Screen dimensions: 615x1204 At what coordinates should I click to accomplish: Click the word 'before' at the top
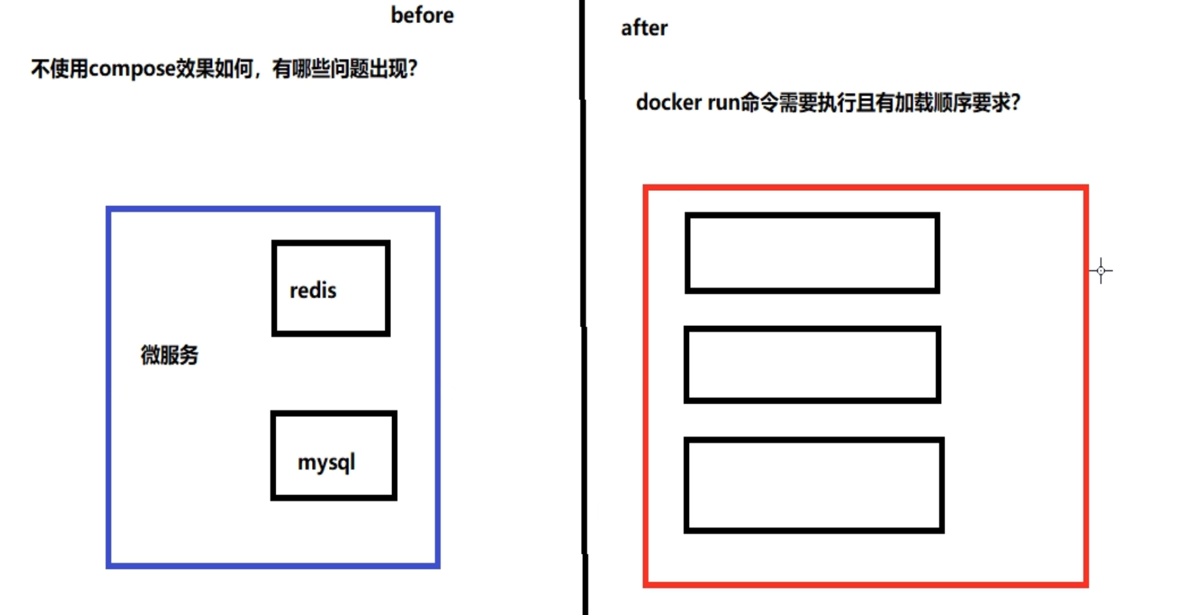(422, 15)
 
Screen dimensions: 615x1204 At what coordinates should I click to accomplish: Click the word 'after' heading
(644, 28)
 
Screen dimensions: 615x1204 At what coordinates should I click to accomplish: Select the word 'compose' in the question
(132, 68)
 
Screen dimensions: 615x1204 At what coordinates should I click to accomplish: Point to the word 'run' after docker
(723, 102)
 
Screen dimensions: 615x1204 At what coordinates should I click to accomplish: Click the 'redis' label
(313, 290)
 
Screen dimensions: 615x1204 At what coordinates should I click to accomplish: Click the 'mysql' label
(326, 462)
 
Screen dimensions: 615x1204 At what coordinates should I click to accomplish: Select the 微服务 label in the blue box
(170, 355)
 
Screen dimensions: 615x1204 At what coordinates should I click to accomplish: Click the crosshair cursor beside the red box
(1101, 270)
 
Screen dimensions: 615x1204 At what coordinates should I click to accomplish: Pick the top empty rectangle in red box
(812, 253)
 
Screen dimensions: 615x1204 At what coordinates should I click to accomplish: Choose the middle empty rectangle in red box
(812, 364)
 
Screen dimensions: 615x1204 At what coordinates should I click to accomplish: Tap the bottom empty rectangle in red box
(814, 485)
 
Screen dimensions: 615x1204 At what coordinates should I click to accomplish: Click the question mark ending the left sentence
(413, 68)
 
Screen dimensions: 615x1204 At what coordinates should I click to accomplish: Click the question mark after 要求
(1015, 102)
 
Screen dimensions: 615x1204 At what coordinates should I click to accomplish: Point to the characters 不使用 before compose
(59, 68)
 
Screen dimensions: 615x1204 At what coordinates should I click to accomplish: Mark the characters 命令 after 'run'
(759, 102)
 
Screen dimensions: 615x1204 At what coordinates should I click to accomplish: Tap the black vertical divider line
(584, 303)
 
